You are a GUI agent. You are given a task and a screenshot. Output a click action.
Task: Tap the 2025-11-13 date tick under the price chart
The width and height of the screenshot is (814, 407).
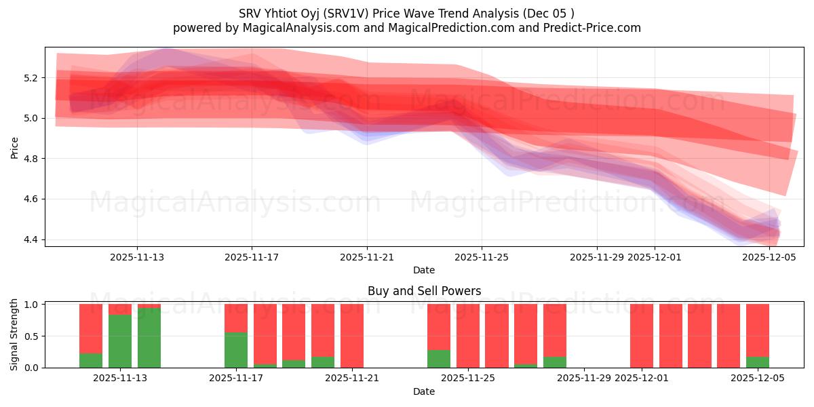137,257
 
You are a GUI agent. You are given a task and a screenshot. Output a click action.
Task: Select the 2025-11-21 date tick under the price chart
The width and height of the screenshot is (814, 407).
367,257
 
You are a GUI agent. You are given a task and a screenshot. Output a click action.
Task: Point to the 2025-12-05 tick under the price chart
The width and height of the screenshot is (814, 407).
769,257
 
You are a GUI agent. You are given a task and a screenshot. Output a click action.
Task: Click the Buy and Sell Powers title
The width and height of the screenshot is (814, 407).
424,291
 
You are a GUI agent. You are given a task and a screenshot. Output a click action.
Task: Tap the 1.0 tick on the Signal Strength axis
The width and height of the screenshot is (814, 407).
33,305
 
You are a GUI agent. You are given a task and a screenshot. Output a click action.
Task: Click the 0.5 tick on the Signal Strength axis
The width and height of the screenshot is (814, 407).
33,336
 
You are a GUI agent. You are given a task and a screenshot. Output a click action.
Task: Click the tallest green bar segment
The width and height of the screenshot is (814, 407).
149,338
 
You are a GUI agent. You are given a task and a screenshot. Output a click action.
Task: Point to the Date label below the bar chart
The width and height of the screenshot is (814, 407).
424,391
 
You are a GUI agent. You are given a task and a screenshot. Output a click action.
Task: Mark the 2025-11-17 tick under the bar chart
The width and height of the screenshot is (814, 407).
236,379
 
